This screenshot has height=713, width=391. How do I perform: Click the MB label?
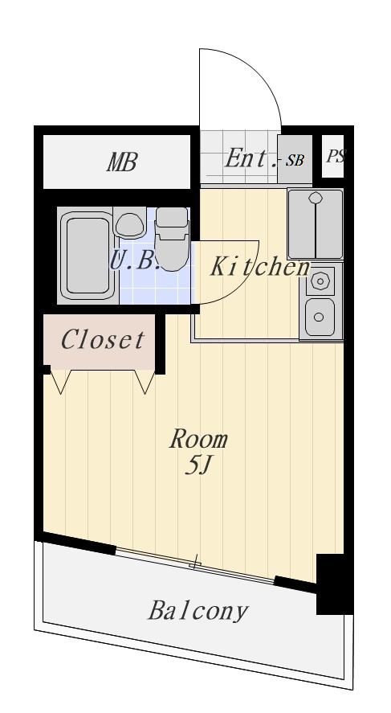[122, 162]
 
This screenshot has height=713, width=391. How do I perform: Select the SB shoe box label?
[295, 161]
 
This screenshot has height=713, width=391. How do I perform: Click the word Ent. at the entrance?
[251, 158]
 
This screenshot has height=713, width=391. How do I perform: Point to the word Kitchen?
[260, 266]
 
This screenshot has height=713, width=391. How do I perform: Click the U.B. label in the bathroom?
[135, 261]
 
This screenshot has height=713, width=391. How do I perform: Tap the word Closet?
[103, 339]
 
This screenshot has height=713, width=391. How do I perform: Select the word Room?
[198, 439]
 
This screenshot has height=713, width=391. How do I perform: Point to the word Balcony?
[198, 611]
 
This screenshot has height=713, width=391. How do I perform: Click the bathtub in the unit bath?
[88, 256]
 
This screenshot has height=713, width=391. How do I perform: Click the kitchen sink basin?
[320, 317]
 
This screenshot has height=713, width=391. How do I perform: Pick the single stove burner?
[320, 281]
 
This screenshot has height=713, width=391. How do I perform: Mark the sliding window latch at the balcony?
[195, 563]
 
